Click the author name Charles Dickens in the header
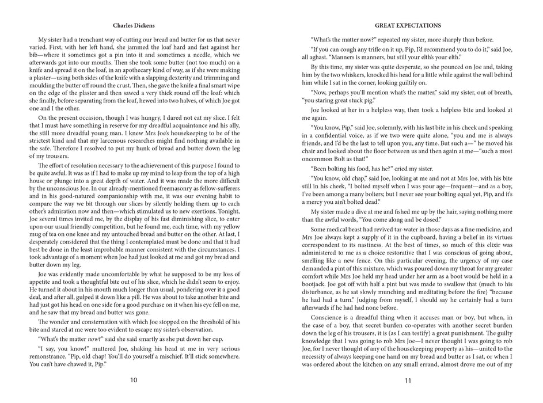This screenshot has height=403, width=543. (134, 25)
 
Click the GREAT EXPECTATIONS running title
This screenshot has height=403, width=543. (408, 25)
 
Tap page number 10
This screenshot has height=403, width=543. (134, 380)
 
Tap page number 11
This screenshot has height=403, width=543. (408, 380)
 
